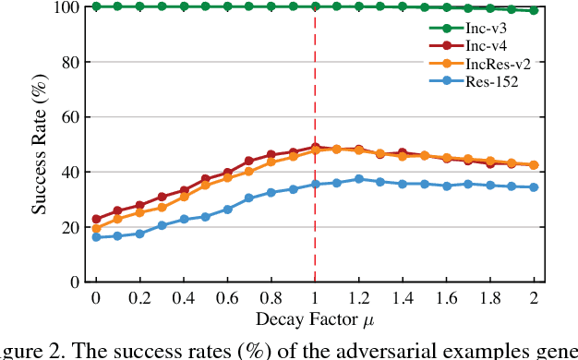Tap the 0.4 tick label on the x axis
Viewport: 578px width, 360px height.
pos(183,300)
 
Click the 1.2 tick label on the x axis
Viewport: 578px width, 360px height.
pos(358,300)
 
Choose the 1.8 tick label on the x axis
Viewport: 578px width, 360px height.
pos(489,300)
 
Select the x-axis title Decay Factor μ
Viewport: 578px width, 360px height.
pos(315,319)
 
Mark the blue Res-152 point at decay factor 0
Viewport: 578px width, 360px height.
pos(95,237)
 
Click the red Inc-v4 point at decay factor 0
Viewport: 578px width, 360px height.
pos(95,220)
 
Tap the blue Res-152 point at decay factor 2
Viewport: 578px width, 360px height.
pos(534,187)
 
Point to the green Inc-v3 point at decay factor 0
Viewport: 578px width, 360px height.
pos(95,6)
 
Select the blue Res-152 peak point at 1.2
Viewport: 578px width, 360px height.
pos(358,179)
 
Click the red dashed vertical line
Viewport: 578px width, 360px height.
pos(315,231)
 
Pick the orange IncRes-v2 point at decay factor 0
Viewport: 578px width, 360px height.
pos(95,228)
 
